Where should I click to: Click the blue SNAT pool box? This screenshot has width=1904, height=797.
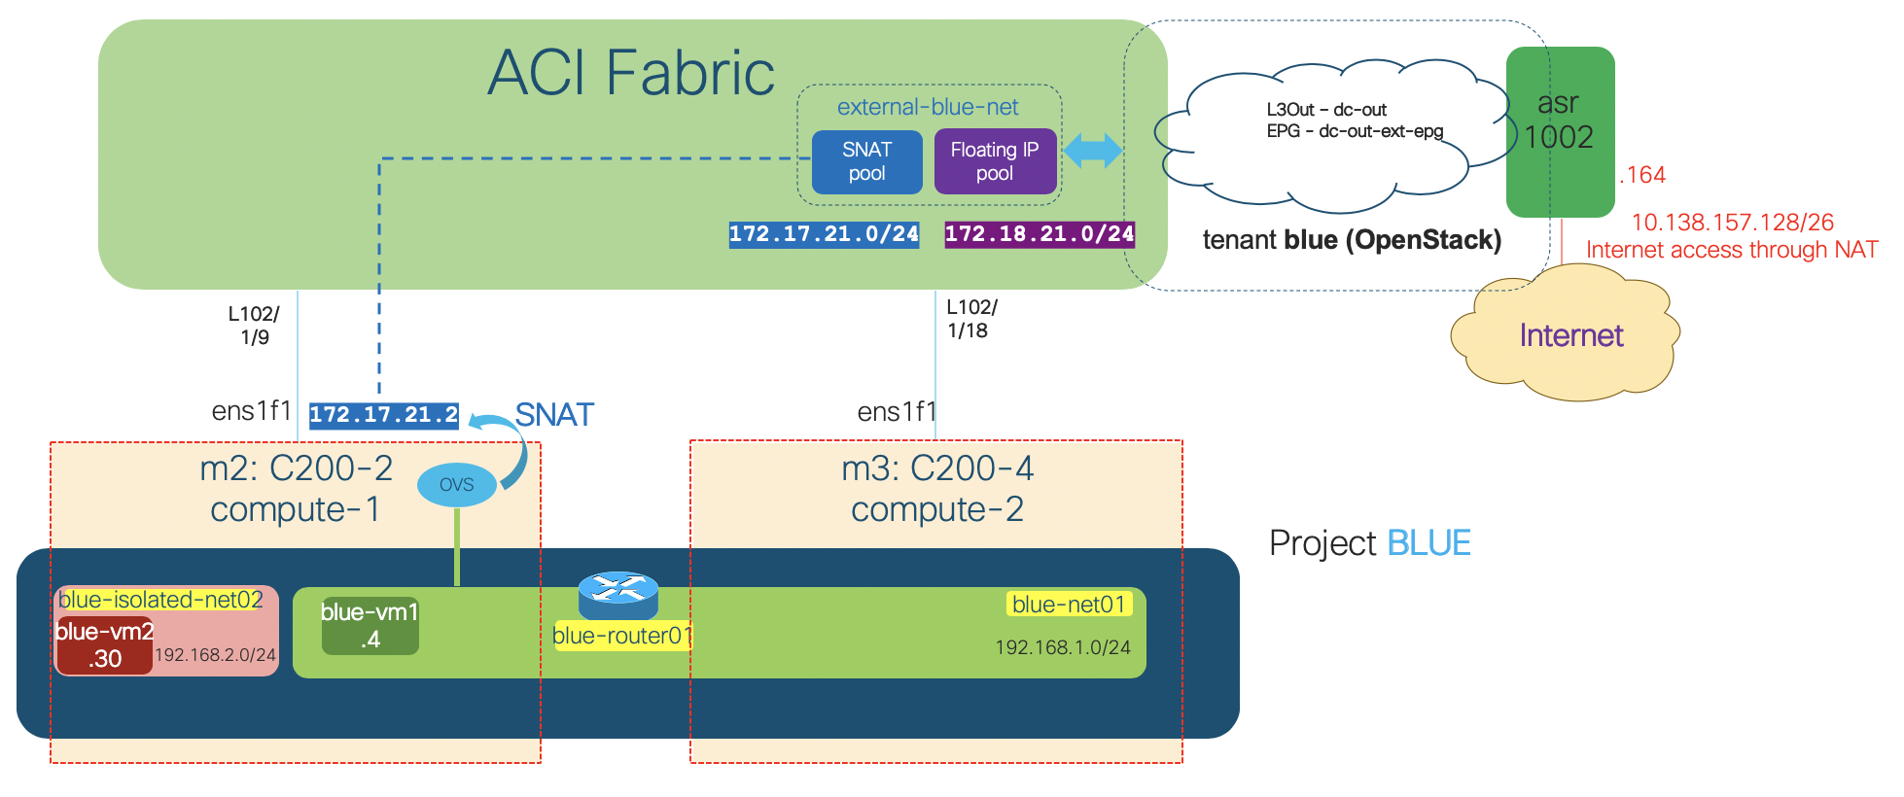click(x=866, y=162)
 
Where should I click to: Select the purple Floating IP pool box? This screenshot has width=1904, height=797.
click(x=995, y=162)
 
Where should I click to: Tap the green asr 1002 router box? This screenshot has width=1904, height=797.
click(x=1560, y=131)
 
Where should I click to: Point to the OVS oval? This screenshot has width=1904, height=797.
click(x=456, y=485)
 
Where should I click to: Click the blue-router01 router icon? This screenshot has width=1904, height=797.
click(x=618, y=594)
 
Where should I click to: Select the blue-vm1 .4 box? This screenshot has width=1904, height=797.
click(x=370, y=626)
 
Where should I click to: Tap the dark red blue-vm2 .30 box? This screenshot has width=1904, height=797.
click(x=104, y=645)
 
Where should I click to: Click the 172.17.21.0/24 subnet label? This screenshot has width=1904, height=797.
click(x=824, y=234)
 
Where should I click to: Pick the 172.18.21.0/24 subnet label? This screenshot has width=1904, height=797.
click(x=1040, y=234)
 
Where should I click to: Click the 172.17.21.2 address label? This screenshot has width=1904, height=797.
click(x=383, y=415)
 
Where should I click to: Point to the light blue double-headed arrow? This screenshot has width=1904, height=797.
click(x=1093, y=151)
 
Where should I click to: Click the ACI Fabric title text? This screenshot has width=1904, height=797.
click(x=631, y=73)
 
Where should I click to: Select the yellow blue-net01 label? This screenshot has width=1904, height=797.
click(x=1068, y=605)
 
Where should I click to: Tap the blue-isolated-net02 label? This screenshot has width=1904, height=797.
click(x=160, y=600)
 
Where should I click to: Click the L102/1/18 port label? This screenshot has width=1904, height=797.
click(x=970, y=319)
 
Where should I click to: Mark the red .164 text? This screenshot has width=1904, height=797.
click(x=1642, y=175)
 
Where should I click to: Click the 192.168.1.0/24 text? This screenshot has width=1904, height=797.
click(x=1062, y=647)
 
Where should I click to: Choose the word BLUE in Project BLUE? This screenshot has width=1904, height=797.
click(x=1428, y=543)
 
